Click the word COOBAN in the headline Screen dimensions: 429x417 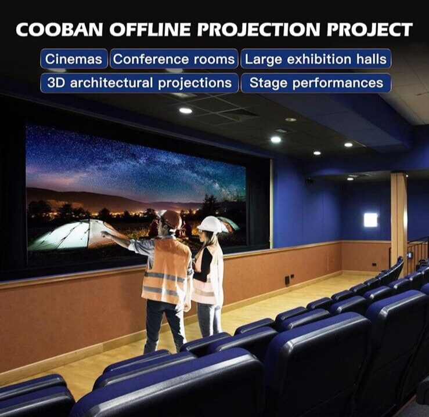(59, 30)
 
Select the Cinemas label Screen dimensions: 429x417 (74, 59)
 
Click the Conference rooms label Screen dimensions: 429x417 (174, 59)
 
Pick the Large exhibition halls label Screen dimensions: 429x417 (316, 59)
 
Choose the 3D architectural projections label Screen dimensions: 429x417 (139, 83)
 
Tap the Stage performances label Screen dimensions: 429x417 (316, 83)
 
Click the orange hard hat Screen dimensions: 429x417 (171, 219)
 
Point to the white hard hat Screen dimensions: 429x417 (210, 224)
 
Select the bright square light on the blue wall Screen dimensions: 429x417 (370, 220)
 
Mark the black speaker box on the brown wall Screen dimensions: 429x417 (287, 280)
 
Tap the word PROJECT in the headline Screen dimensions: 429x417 (370, 30)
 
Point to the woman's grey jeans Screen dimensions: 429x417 (209, 320)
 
